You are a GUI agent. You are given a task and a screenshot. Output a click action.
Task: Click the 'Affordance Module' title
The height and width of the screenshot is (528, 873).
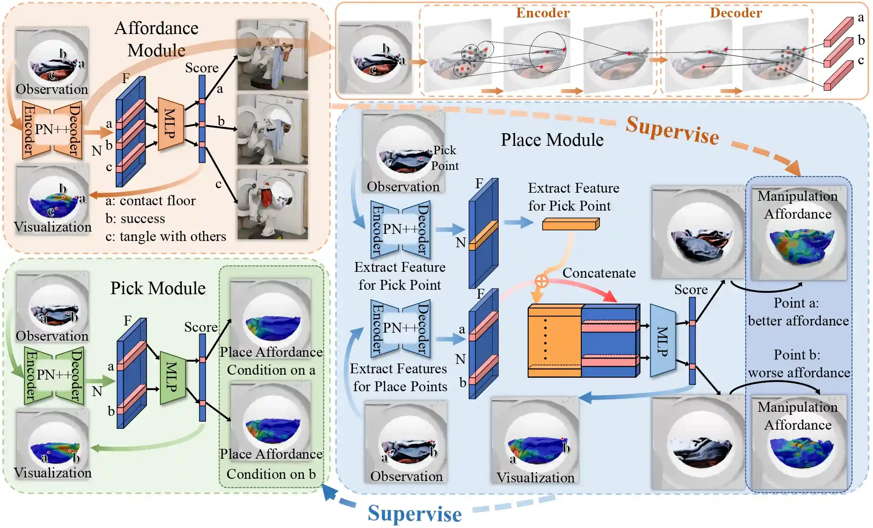pos(156,39)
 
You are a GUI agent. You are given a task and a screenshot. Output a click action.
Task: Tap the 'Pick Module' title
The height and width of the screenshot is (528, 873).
pos(158,288)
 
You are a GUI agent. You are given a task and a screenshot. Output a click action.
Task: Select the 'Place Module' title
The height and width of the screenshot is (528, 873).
pos(552,140)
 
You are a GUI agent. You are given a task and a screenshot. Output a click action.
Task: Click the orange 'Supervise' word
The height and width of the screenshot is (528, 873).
pos(672,131)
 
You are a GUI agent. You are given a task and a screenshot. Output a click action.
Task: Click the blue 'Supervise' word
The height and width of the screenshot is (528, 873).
pos(415,514)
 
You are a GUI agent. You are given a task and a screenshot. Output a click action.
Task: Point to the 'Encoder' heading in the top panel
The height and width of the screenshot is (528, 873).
pos(543,13)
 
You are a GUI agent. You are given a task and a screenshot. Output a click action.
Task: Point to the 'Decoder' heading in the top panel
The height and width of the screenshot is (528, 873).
pos(736,13)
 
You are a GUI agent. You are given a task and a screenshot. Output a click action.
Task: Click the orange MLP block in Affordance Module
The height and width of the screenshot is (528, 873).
pos(171,123)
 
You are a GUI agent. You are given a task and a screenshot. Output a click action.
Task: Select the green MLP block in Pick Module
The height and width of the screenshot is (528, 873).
pos(172,377)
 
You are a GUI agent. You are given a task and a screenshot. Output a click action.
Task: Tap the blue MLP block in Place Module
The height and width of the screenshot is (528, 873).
pos(663,341)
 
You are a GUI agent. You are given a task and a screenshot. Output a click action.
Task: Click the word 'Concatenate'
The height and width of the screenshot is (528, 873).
pos(599,273)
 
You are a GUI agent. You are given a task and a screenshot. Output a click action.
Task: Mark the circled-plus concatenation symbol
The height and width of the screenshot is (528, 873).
pos(541,281)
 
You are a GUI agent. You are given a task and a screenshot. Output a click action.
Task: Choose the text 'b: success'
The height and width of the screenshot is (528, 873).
pos(135,219)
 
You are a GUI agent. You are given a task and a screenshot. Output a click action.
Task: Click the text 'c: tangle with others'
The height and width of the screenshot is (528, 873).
pos(166,237)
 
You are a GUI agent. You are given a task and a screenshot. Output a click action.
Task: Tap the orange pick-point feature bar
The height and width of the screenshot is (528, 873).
pos(571,224)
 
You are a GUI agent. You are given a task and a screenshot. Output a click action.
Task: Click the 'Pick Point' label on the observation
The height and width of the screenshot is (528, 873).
pos(445,158)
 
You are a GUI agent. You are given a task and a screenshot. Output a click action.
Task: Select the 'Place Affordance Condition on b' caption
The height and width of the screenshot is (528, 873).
pos(271,464)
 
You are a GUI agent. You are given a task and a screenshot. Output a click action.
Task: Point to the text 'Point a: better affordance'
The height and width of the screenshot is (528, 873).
pos(798,312)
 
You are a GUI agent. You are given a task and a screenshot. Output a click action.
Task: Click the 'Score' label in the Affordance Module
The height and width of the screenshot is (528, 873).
pos(201,68)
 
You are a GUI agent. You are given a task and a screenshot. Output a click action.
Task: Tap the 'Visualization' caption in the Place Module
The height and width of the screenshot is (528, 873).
pos(535,477)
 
